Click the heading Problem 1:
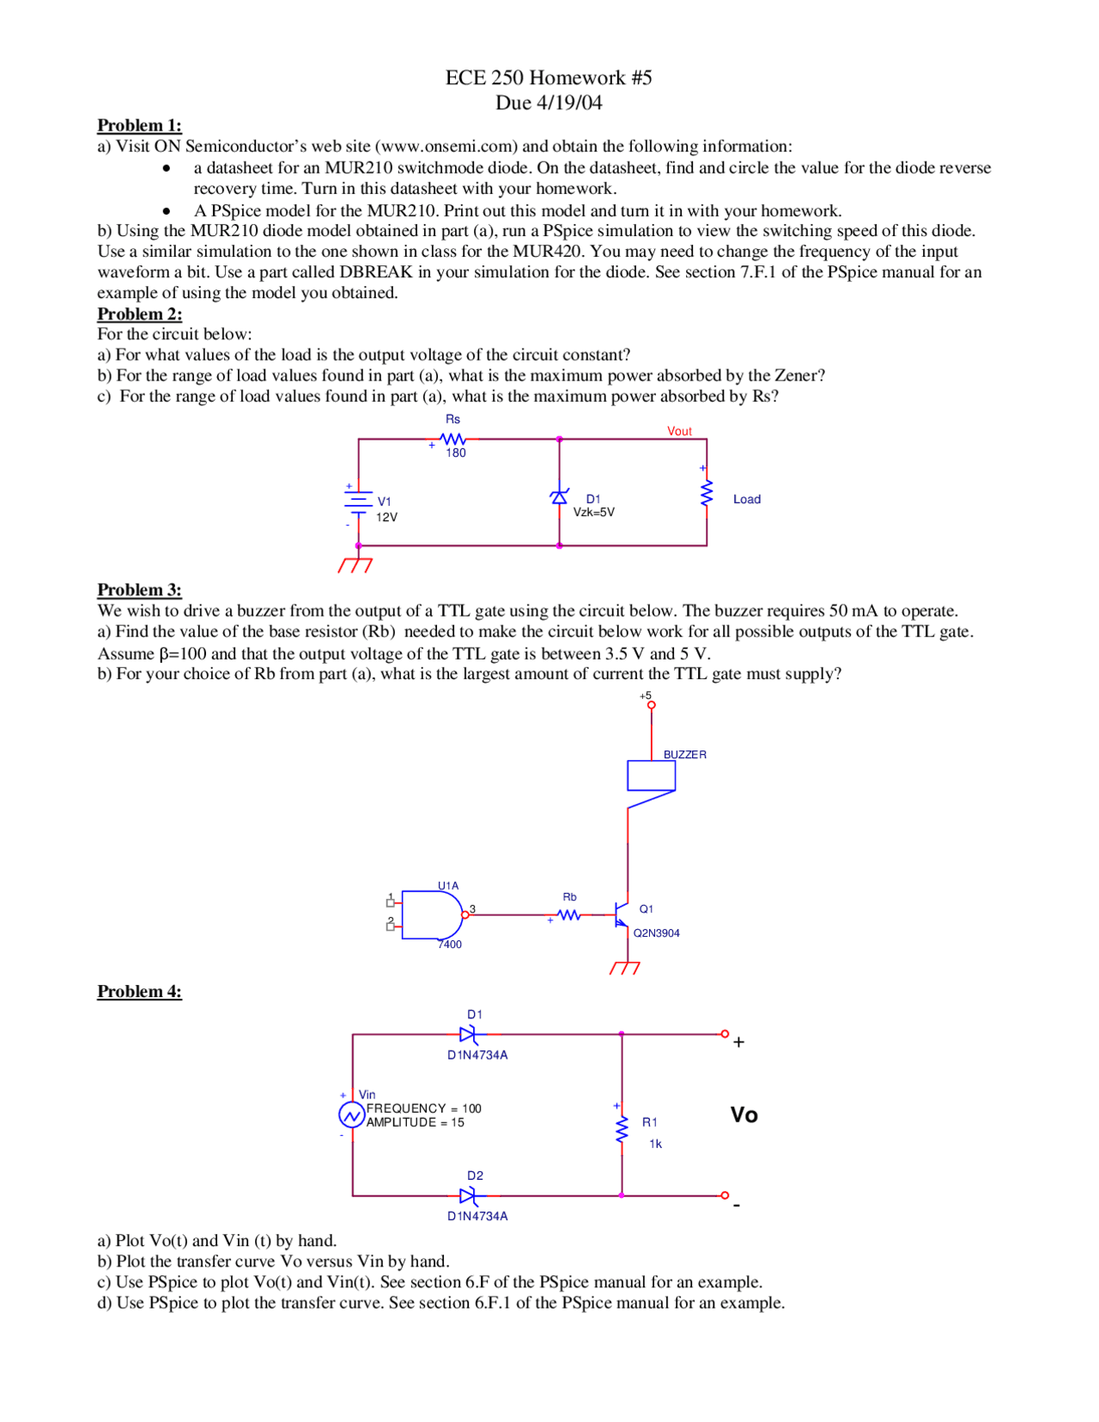click(x=139, y=125)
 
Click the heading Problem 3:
click(x=139, y=590)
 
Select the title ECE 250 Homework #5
click(x=549, y=77)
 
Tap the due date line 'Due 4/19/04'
click(x=549, y=103)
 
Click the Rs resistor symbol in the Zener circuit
click(x=452, y=439)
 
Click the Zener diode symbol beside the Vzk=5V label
click(x=559, y=497)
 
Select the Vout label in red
click(x=679, y=431)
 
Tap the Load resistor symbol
click(x=707, y=494)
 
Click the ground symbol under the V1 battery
click(x=355, y=564)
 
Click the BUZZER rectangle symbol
click(x=651, y=775)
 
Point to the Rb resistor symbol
click(x=569, y=915)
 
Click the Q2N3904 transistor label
click(x=656, y=933)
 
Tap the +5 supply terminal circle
click(x=651, y=705)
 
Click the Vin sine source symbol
click(x=351, y=1115)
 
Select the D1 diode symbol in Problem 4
click(x=469, y=1034)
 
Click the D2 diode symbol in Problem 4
click(x=469, y=1195)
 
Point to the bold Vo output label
click(x=744, y=1115)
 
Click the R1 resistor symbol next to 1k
click(x=622, y=1129)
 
